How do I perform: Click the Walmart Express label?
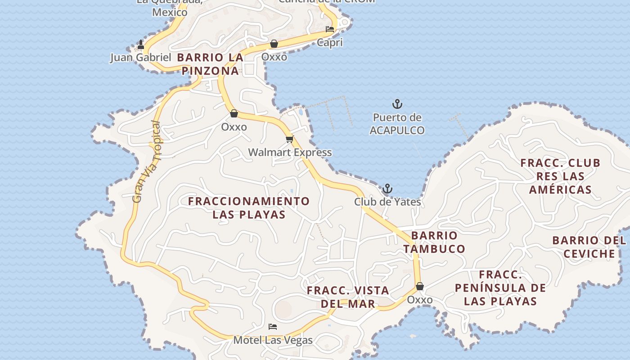pos(290,153)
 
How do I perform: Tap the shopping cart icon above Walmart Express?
pos(289,139)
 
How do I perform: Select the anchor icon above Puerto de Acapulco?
pos(397,104)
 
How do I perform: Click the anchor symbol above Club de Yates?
pos(387,189)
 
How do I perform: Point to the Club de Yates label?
pos(387,202)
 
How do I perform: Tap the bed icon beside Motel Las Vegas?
pos(272,327)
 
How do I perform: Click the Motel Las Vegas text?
pos(273,340)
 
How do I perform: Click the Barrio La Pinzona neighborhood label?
pos(211,64)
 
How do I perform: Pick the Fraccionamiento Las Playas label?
pos(249,207)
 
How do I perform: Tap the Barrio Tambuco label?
pos(434,242)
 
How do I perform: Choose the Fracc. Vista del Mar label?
pos(348,297)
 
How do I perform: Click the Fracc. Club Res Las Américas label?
pos(560,176)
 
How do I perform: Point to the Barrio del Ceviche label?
pos(589,247)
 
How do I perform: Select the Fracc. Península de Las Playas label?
pos(500,288)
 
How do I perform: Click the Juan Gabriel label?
pos(140,58)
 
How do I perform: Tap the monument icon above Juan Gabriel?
pos(141,45)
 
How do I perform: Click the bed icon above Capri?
pos(330,30)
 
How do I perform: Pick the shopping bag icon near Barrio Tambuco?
pos(420,286)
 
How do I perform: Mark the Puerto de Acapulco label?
pos(397,124)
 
